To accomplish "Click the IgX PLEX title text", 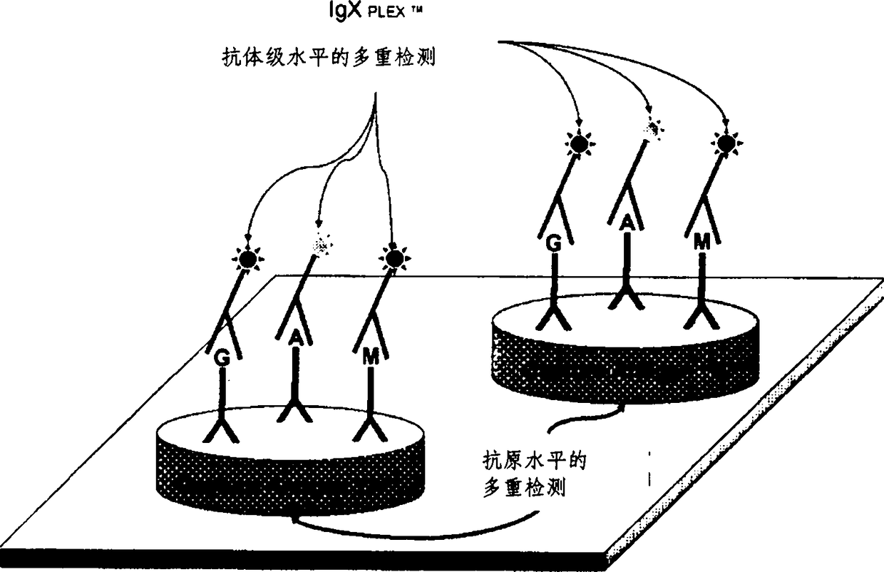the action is click(375, 10).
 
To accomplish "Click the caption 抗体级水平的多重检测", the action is click(329, 58).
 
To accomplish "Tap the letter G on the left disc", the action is click(222, 359).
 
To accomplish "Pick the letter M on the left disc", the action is click(370, 357).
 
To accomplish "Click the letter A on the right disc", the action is click(627, 223).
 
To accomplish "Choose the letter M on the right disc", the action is click(702, 242).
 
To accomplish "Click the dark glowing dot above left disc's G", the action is click(248, 259).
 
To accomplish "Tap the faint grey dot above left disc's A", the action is click(322, 245).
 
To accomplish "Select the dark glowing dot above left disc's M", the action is click(394, 259).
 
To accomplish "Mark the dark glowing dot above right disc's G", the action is click(580, 143).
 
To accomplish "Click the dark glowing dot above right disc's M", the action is click(727, 143).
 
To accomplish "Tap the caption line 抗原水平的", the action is click(535, 460).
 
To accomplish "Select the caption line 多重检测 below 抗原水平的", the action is click(525, 488).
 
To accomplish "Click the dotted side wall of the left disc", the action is click(291, 485).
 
